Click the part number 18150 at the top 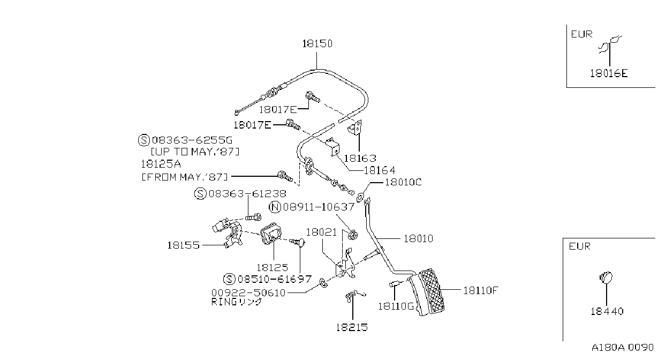[x=317, y=43]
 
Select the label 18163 [x=360, y=159]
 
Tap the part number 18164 [x=380, y=170]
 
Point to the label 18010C [x=403, y=182]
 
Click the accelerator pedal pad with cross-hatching [x=431, y=291]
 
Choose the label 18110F [x=481, y=291]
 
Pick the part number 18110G [x=396, y=306]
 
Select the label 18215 [x=352, y=327]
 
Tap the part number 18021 [x=321, y=232]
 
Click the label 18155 [x=183, y=245]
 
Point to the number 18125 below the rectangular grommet [x=273, y=268]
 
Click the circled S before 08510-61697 [x=229, y=279]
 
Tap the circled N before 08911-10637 [x=275, y=207]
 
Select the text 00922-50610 [x=248, y=293]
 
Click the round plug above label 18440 [x=606, y=277]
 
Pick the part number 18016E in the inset [x=609, y=73]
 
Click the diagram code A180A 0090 [x=623, y=348]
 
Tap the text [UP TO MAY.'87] [x=195, y=152]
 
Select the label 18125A [x=161, y=164]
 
